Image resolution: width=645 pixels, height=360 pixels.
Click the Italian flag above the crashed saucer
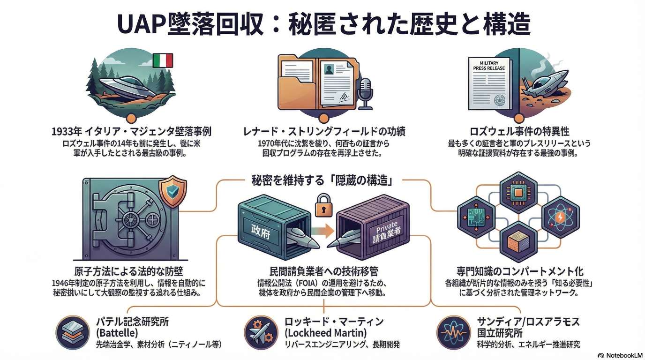(x=163, y=60)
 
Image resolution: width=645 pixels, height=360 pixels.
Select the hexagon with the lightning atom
(x=561, y=218)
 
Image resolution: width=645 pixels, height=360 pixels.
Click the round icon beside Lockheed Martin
(x=261, y=332)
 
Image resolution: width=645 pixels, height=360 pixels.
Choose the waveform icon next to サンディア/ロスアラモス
(x=453, y=332)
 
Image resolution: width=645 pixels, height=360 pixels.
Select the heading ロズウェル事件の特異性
(x=518, y=132)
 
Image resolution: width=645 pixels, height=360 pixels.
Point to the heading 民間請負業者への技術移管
(x=323, y=272)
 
